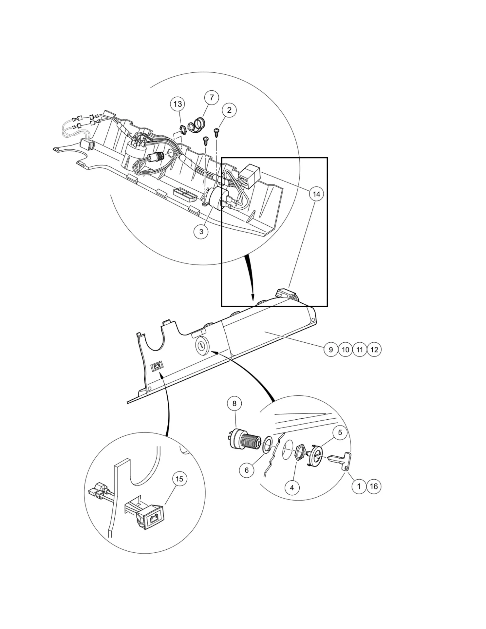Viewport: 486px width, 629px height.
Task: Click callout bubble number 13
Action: point(178,104)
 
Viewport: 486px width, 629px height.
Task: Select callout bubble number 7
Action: point(212,97)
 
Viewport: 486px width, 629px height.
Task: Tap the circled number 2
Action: point(229,110)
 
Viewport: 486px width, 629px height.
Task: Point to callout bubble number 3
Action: point(201,232)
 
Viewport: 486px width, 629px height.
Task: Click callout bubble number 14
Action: point(316,194)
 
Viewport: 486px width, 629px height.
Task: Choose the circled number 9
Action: point(331,350)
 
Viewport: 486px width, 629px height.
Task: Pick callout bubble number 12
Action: point(374,350)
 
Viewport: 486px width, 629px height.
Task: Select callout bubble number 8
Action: point(234,404)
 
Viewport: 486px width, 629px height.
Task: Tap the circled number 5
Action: point(340,432)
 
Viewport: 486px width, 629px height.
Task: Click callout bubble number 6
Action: point(247,470)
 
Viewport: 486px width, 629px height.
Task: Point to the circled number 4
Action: point(292,488)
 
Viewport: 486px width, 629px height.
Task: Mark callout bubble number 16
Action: point(374,486)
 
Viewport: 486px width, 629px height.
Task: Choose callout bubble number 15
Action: point(179,479)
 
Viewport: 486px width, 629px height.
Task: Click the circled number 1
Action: point(359,486)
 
